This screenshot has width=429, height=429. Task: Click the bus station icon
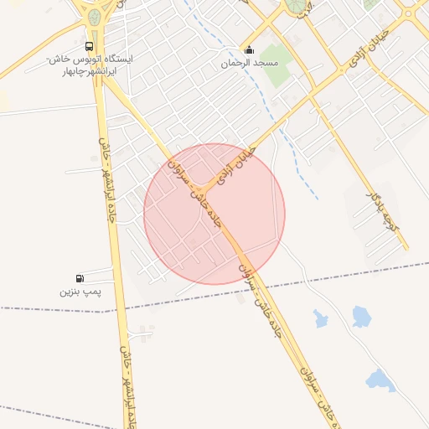tap(90, 47)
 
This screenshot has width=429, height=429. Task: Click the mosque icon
tap(247, 49)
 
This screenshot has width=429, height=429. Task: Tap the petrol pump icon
tap(80, 278)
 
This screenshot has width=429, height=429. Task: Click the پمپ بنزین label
tap(80, 292)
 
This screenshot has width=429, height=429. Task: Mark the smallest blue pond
tap(321, 318)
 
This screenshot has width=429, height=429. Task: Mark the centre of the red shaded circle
tap(214, 214)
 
